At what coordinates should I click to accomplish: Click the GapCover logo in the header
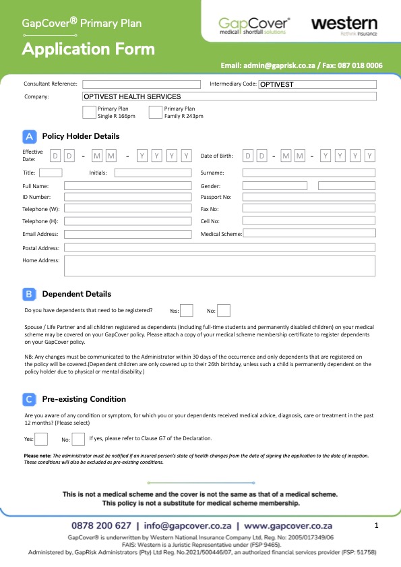click(253, 25)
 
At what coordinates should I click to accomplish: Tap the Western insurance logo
click(343, 25)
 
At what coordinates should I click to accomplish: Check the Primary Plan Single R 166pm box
click(89, 112)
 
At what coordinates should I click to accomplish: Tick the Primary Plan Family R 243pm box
click(156, 112)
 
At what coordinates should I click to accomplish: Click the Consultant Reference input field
click(142, 84)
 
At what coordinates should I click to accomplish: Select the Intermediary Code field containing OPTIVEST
click(317, 84)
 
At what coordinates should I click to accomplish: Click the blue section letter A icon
click(30, 136)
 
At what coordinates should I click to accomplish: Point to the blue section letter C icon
click(30, 399)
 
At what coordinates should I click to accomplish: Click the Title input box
click(51, 173)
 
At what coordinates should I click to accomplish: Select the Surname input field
click(309, 173)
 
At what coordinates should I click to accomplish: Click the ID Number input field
click(128, 197)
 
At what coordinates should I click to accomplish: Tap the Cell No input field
click(309, 221)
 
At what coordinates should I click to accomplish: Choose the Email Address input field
click(128, 234)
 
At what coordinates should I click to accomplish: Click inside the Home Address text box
click(219, 265)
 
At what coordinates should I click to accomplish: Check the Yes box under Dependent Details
click(187, 311)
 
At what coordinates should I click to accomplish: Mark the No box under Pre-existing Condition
click(78, 439)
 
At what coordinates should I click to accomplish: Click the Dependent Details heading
click(77, 294)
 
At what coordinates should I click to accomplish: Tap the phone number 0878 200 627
click(101, 525)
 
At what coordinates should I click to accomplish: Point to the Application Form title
click(88, 49)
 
